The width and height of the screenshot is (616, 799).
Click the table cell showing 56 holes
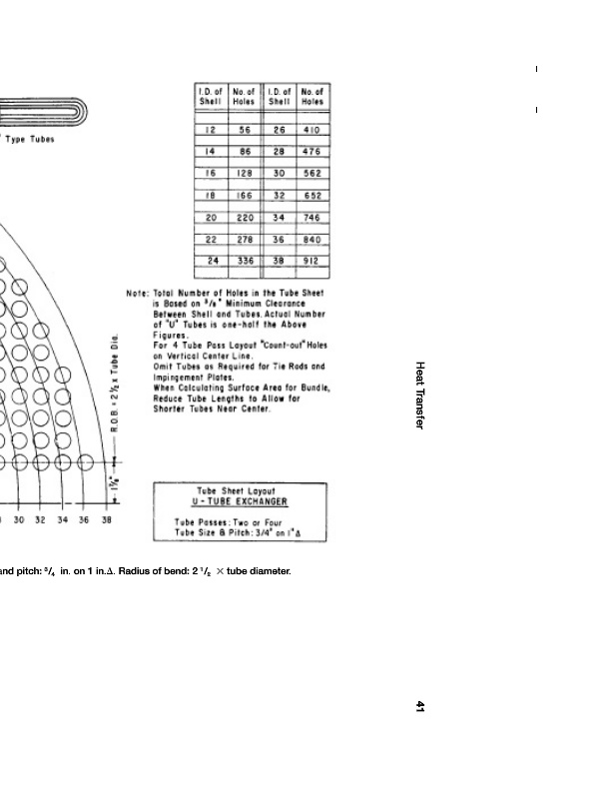click(x=244, y=130)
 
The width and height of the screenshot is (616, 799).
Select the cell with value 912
click(x=311, y=261)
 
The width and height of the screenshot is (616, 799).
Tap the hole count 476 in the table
click(x=311, y=152)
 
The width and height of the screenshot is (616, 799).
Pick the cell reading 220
click(x=244, y=218)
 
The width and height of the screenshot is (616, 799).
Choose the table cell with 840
click(x=311, y=240)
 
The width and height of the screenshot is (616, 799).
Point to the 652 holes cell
click(x=311, y=196)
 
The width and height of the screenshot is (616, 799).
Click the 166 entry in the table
click(x=244, y=196)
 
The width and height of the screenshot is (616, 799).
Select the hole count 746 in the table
click(x=311, y=218)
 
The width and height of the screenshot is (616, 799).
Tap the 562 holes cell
click(x=311, y=174)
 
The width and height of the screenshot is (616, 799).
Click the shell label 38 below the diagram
click(x=106, y=520)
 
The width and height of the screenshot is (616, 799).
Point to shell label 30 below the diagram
click(x=18, y=520)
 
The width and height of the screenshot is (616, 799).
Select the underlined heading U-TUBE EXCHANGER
click(x=240, y=501)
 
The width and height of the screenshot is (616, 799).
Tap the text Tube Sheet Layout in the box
click(x=240, y=490)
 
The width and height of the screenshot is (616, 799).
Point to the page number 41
click(x=420, y=707)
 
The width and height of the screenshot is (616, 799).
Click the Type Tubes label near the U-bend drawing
click(x=30, y=139)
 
